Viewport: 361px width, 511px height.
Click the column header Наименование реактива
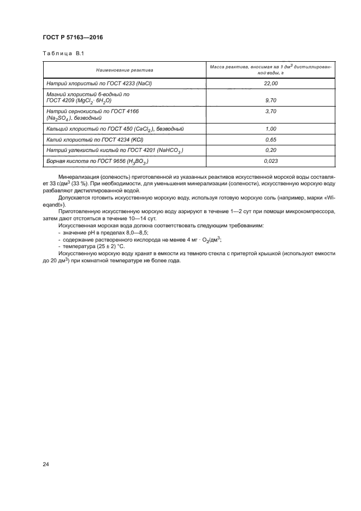[125, 70]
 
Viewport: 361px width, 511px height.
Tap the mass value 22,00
[271, 83]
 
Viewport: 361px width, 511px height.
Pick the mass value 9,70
[271, 101]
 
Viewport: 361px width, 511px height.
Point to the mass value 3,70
[271, 111]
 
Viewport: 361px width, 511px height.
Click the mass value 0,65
[271, 139]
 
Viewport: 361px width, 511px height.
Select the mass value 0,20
[271, 150]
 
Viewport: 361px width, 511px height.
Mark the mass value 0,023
[271, 161]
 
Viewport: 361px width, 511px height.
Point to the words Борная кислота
[65, 161]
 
